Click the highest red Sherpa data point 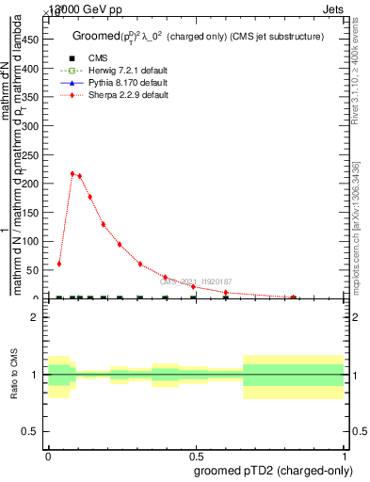pos(72,173)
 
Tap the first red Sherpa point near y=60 pos(59,264)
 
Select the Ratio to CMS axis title pos(14,374)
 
